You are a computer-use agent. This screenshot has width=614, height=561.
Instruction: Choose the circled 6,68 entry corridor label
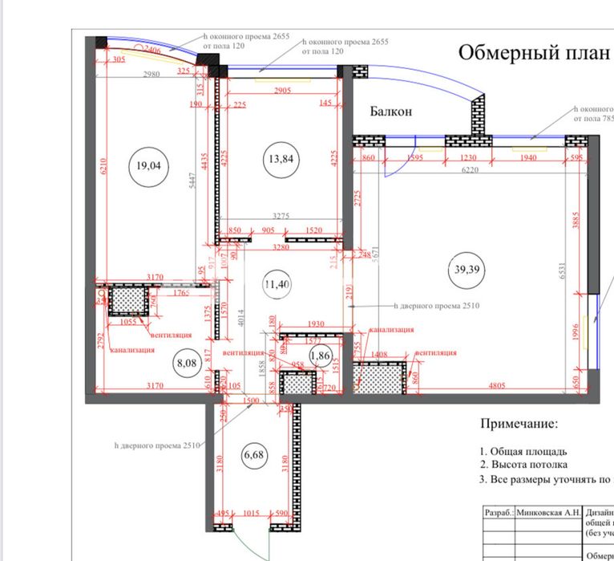(x=253, y=456)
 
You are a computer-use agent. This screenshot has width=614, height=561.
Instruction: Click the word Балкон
(x=391, y=112)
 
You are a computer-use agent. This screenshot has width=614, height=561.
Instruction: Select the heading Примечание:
(x=518, y=423)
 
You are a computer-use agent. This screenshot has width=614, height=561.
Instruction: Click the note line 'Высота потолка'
(x=530, y=465)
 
